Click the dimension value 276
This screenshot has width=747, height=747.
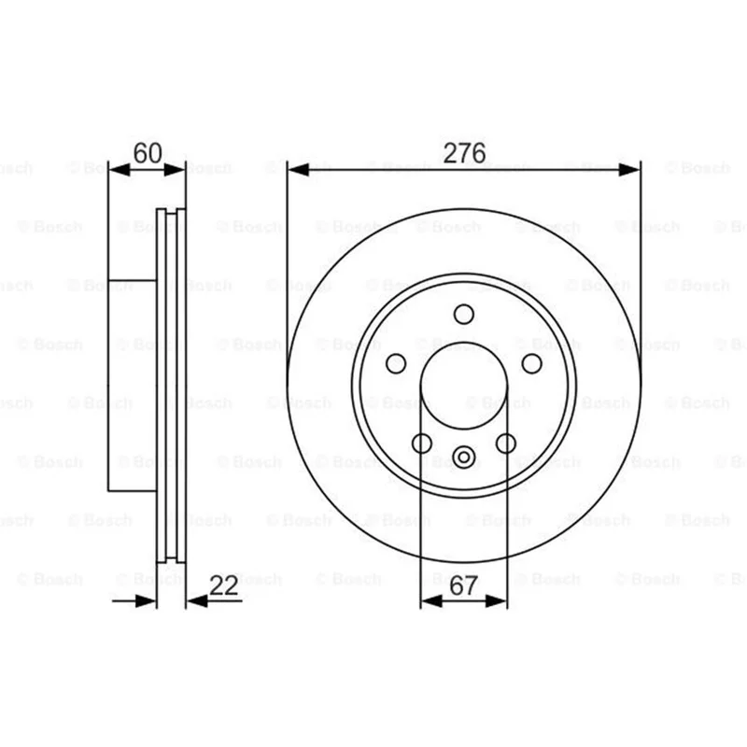tap(464, 153)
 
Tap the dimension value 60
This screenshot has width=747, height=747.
tap(148, 153)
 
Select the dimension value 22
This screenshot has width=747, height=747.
tap(223, 585)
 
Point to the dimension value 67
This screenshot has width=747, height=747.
tap(463, 585)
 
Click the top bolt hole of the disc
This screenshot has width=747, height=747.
tap(463, 315)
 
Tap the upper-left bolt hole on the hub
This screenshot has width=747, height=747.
tap(396, 364)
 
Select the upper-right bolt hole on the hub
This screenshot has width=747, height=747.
tap(531, 364)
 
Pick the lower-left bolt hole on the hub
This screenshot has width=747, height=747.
tap(422, 443)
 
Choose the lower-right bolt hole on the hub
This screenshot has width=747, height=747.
tap(506, 443)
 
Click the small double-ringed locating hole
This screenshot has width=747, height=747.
tap(463, 458)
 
